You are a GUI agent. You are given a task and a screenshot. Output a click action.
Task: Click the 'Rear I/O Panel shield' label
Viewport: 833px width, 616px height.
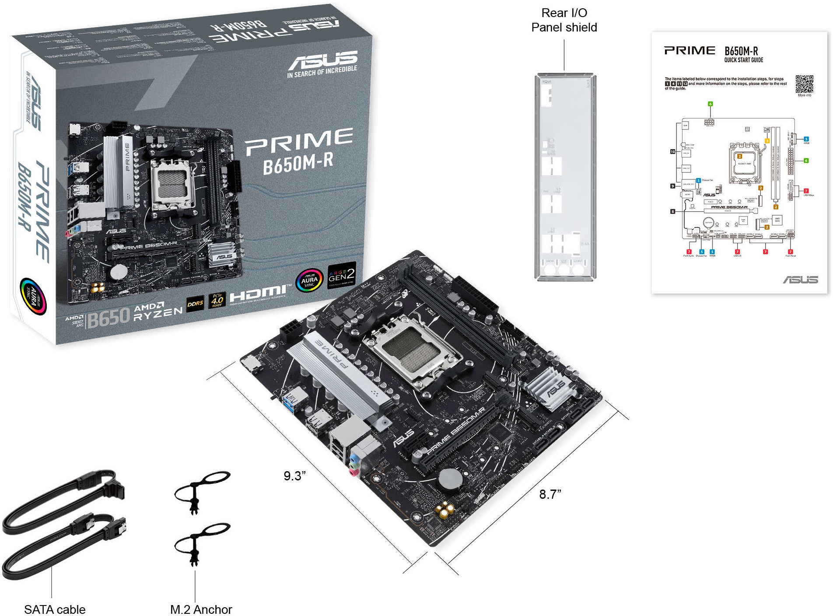click(x=563, y=20)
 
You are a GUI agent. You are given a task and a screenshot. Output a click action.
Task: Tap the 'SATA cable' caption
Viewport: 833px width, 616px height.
click(x=55, y=609)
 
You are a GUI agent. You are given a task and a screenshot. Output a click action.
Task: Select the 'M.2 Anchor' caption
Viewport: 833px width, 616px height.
click(x=201, y=609)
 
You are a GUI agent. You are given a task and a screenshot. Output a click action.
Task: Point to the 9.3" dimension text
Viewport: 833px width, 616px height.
click(x=294, y=476)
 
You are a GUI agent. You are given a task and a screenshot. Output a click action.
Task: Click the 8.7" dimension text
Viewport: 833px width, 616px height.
click(x=550, y=494)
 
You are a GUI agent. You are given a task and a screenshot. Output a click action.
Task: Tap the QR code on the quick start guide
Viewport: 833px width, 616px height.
click(x=804, y=84)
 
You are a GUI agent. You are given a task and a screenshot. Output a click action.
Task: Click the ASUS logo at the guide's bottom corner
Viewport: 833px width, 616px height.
click(x=800, y=280)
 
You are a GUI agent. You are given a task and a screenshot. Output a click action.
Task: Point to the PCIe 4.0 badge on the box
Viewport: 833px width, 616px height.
click(x=217, y=300)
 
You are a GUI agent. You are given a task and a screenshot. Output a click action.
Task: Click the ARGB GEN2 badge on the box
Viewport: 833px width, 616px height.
click(x=342, y=276)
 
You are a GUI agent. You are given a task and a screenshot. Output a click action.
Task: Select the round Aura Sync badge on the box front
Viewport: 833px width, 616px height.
click(x=309, y=280)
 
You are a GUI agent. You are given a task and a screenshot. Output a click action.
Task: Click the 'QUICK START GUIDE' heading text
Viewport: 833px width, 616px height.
click(x=743, y=60)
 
